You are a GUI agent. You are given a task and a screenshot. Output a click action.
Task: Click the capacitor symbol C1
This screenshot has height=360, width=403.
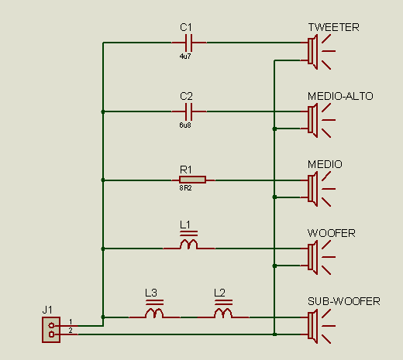189,43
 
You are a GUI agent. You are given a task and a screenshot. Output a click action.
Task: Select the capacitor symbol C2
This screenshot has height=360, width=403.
189,111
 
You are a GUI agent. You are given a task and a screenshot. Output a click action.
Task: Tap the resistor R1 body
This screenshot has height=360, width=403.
192,180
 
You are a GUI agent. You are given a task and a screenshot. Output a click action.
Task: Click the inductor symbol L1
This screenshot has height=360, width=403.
189,242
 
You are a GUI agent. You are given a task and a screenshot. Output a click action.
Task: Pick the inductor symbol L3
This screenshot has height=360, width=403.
154,310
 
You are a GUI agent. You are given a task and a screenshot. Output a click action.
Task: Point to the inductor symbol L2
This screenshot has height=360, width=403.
223,310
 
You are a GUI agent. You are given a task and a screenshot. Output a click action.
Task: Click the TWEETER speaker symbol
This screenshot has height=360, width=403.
319,52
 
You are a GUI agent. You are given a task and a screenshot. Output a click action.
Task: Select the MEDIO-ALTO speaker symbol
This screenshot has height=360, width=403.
319,120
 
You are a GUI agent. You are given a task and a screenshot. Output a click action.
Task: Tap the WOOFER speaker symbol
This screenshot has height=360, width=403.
319,257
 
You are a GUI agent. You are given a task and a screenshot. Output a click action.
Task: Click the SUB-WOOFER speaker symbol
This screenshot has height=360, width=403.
319,326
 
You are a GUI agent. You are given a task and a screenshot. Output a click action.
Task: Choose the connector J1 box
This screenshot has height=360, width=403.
51,330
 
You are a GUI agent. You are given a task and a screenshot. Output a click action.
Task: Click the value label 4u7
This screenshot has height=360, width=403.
185,57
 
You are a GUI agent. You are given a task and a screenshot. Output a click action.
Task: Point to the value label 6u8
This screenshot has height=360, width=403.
185,125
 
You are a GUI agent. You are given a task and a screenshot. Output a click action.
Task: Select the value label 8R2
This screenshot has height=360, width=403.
185,188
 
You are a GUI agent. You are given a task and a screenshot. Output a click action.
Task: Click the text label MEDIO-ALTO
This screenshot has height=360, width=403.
340,96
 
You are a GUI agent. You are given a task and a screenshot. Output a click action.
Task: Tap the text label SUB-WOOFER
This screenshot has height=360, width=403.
344,301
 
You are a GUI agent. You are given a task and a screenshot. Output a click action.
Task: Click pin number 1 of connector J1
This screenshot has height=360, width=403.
71,322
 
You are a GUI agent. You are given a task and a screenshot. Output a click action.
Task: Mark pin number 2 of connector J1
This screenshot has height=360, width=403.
71,331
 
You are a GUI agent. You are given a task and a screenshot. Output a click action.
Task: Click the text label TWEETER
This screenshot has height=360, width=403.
333,27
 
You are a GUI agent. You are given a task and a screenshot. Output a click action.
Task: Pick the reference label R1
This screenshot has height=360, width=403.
186,170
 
